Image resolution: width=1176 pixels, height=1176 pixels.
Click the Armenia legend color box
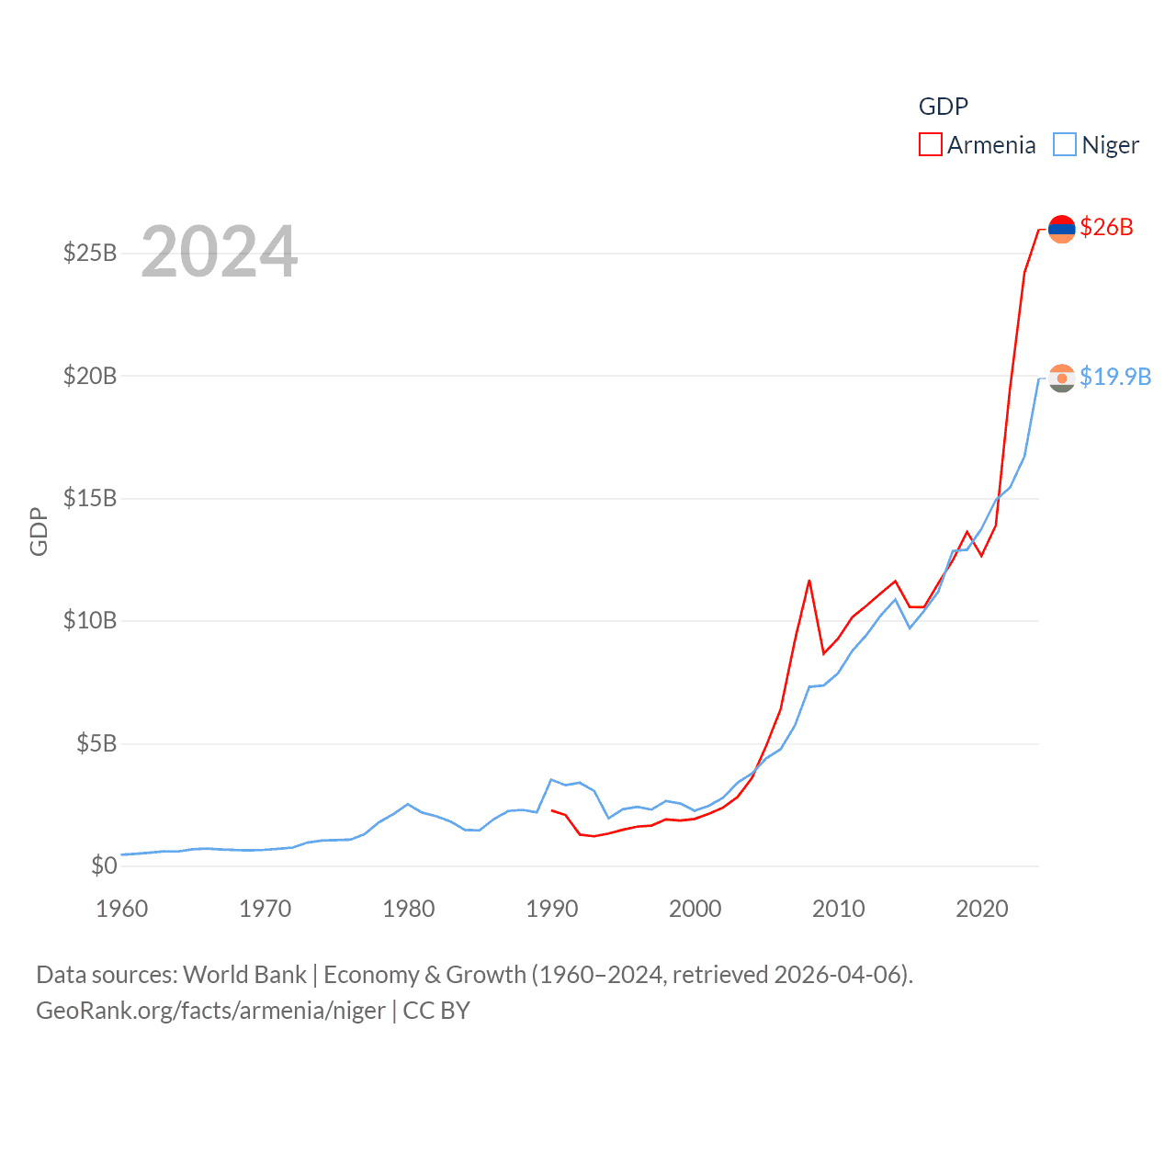pyautogui.click(x=930, y=145)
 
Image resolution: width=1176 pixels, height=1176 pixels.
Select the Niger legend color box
pyautogui.click(x=1064, y=145)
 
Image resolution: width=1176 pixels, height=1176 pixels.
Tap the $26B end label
pyautogui.click(x=1106, y=227)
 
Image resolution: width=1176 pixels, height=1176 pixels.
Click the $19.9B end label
pyautogui.click(x=1115, y=377)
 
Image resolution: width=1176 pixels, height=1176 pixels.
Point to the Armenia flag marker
pyautogui.click(x=1061, y=229)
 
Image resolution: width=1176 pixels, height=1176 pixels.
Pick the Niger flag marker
pyautogui.click(x=1061, y=378)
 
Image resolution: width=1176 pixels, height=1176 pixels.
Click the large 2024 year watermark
pyautogui.click(x=220, y=252)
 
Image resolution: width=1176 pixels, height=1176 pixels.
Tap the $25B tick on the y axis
pyautogui.click(x=90, y=253)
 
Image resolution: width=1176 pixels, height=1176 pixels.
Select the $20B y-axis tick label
pyautogui.click(x=90, y=376)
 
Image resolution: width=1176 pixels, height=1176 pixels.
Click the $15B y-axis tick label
pyautogui.click(x=90, y=498)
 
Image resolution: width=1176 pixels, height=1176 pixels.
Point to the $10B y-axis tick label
pyautogui.click(x=90, y=620)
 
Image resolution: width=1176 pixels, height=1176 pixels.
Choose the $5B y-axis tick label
pyautogui.click(x=96, y=743)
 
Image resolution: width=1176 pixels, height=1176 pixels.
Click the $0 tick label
pyautogui.click(x=104, y=865)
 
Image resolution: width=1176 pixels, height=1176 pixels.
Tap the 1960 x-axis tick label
pyautogui.click(x=122, y=909)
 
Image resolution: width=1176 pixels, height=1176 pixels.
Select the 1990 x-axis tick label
pyautogui.click(x=552, y=909)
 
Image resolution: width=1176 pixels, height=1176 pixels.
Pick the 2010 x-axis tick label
pyautogui.click(x=839, y=909)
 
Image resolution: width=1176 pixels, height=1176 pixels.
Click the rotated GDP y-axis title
pyautogui.click(x=39, y=531)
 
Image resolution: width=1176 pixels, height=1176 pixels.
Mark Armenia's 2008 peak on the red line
pyautogui.click(x=809, y=581)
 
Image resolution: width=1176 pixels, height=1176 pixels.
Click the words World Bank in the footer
pyautogui.click(x=244, y=974)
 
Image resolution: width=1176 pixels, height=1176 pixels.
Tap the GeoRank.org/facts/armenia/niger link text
pyautogui.click(x=210, y=1011)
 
